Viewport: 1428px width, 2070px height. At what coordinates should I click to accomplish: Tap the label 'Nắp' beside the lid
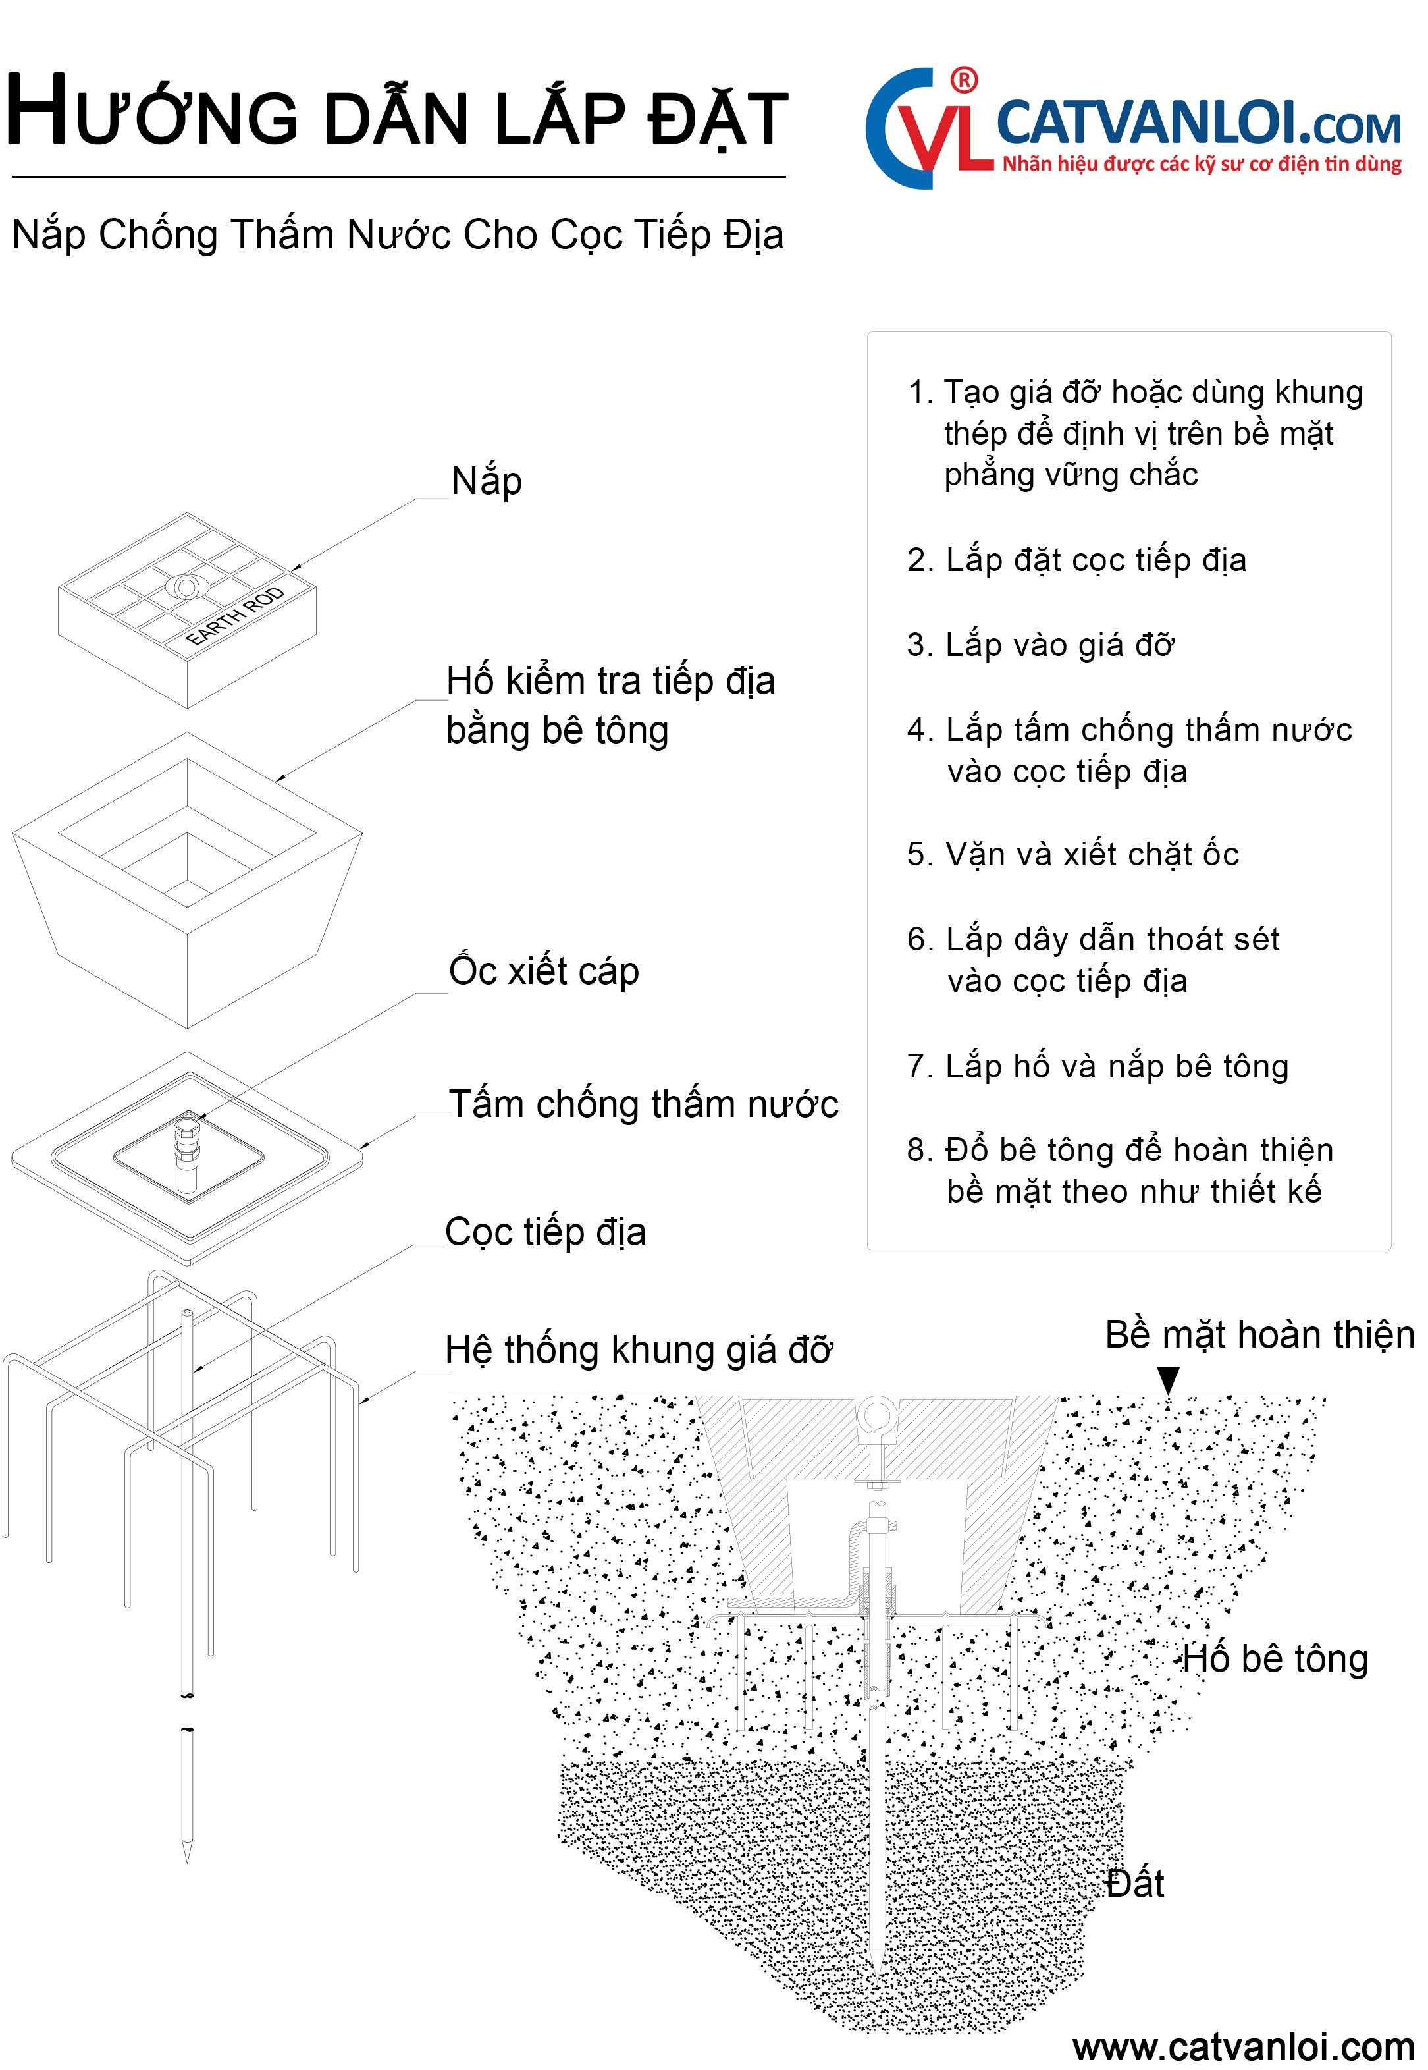click(487, 481)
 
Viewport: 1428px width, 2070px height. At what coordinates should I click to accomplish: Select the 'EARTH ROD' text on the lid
click(234, 616)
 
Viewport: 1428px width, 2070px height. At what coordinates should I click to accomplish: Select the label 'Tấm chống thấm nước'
click(643, 1104)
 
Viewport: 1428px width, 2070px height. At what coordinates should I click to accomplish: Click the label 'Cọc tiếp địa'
click(546, 1232)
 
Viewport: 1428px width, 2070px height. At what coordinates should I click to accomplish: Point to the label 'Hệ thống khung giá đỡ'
click(639, 1350)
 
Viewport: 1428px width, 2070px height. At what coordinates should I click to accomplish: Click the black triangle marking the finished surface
click(1168, 1379)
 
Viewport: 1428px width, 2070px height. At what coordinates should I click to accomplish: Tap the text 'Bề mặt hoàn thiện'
click(1259, 1335)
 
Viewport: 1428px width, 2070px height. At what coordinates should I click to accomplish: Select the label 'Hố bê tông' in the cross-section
click(1275, 1659)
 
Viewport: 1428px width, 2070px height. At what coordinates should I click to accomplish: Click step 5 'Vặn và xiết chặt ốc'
click(1072, 855)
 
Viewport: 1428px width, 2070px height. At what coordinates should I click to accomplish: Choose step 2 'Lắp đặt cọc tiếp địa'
click(1076, 560)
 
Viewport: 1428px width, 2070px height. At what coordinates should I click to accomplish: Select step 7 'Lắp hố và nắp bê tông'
click(1098, 1067)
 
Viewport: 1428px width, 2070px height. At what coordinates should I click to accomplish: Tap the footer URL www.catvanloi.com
click(1243, 2047)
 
